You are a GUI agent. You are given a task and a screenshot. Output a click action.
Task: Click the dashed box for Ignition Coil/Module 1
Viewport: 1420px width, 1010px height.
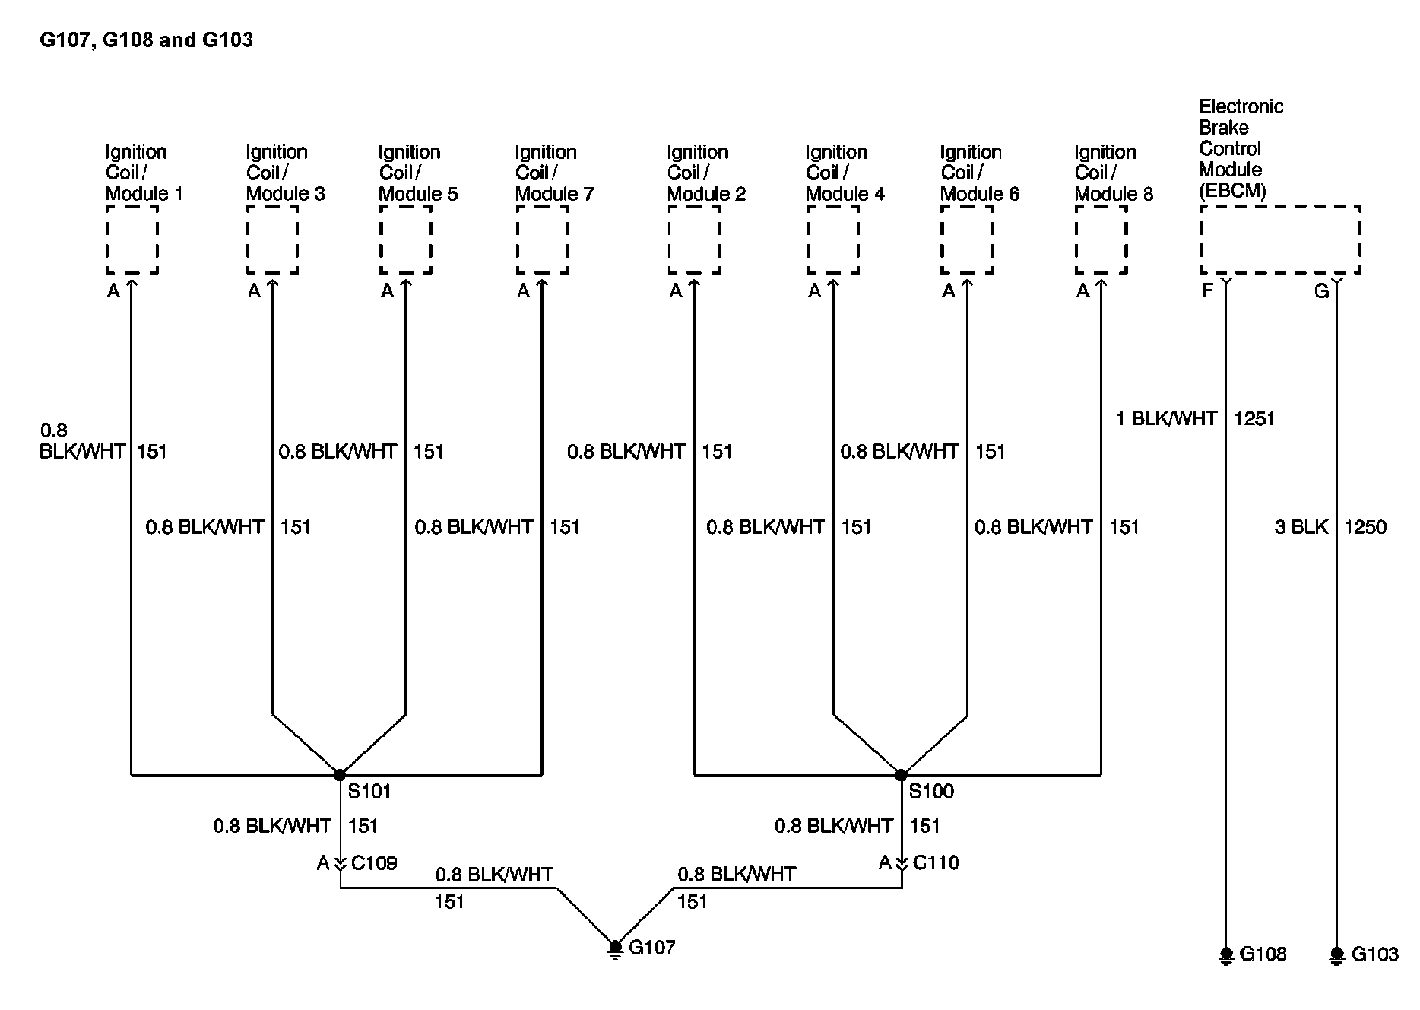click(x=132, y=239)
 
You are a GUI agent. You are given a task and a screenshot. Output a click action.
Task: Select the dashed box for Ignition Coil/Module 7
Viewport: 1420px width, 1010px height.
click(x=542, y=239)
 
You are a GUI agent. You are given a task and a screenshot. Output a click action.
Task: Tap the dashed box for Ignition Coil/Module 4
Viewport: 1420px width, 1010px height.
click(x=833, y=239)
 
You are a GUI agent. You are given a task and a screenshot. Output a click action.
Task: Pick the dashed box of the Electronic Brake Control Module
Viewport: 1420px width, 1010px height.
click(x=1280, y=239)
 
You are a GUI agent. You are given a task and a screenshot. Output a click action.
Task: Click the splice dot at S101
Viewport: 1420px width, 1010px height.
click(x=340, y=775)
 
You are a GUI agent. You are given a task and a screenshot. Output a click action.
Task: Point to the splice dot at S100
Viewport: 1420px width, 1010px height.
click(x=901, y=775)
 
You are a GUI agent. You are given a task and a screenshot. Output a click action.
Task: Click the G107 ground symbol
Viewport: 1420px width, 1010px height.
click(x=616, y=948)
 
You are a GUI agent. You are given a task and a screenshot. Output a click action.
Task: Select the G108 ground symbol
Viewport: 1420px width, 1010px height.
click(x=1226, y=954)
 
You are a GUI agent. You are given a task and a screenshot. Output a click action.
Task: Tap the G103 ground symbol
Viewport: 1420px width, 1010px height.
click(x=1337, y=954)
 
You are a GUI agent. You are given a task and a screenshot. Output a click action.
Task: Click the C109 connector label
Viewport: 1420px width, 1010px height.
click(x=374, y=863)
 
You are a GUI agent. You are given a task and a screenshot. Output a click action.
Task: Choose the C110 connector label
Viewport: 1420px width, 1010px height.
click(x=936, y=863)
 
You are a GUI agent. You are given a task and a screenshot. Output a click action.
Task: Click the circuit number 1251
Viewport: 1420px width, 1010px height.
click(x=1254, y=418)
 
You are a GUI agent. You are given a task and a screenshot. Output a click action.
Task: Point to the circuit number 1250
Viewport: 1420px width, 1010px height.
click(x=1365, y=527)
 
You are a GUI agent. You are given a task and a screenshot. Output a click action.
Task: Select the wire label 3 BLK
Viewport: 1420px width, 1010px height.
click(x=1301, y=527)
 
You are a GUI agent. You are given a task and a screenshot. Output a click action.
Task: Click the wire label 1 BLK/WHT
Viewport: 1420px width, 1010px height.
click(x=1166, y=418)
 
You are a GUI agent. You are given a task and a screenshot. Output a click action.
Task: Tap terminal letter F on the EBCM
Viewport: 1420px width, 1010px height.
click(x=1207, y=291)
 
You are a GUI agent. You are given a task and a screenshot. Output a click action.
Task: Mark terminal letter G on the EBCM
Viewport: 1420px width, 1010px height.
click(x=1321, y=291)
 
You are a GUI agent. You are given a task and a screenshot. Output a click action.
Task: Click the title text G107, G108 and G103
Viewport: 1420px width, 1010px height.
click(x=146, y=40)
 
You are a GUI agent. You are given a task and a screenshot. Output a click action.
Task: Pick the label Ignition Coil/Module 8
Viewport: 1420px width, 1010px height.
click(x=1113, y=173)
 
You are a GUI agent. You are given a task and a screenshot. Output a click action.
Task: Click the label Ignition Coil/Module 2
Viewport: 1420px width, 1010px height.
click(x=706, y=173)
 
